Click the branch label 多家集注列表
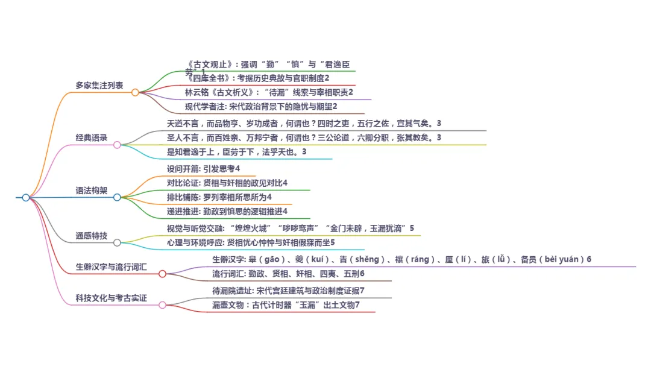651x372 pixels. point(99,86)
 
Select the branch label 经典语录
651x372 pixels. point(92,138)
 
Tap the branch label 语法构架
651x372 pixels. point(92,191)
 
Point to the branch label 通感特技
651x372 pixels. point(92,236)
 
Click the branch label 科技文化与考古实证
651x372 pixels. point(111,298)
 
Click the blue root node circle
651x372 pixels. point(26,197)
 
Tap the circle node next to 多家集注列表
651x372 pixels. point(135,92)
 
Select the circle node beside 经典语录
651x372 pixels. point(117,145)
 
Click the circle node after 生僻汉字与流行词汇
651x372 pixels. point(162,274)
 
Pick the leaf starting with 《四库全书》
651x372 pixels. point(258,78)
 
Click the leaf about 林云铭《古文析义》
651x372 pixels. point(269,92)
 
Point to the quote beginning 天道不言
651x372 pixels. point(304,124)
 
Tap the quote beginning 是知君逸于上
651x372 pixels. point(237,152)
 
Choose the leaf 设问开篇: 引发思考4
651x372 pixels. point(203,168)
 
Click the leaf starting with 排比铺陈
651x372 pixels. point(219,197)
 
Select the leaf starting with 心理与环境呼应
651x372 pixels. point(251,242)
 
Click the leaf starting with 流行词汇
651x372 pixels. point(288,274)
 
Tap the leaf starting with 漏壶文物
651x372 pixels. point(286,305)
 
